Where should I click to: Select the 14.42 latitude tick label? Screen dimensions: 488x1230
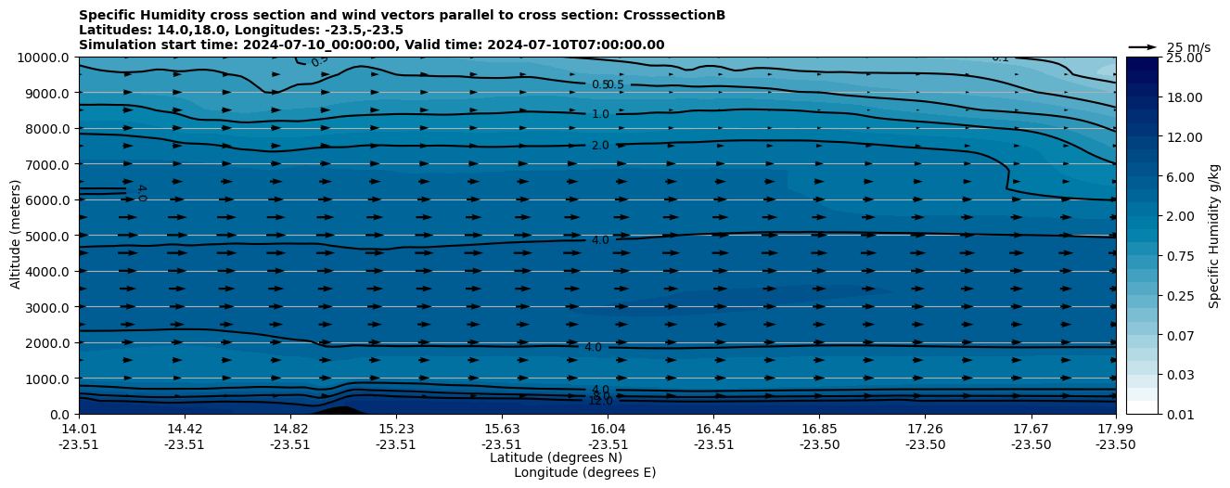185,429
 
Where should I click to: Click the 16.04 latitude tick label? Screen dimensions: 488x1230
608,429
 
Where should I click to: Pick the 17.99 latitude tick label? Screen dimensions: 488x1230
1115,429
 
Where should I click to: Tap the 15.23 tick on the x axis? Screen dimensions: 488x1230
396,429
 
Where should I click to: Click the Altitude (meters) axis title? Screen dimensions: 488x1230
16,236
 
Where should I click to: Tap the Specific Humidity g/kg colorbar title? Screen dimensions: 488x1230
1214,236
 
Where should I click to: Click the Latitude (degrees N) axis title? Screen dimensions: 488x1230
556,457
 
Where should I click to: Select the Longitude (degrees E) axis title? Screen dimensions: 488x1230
584,472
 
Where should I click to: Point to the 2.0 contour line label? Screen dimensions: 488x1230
600,146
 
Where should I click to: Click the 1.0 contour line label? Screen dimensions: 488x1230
600,114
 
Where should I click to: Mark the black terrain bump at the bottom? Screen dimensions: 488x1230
342,409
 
